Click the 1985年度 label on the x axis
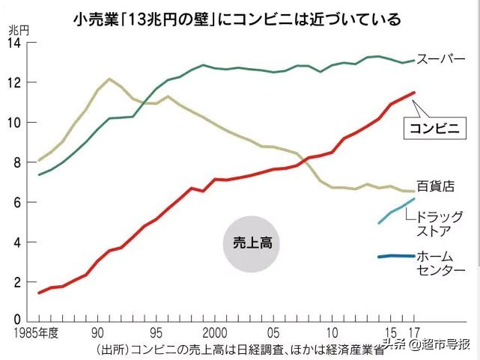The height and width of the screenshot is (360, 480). (x=34, y=333)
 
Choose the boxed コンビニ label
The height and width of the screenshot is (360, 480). (x=437, y=127)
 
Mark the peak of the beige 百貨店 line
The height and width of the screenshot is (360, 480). (x=109, y=79)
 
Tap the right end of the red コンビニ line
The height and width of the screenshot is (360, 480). (x=413, y=93)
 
